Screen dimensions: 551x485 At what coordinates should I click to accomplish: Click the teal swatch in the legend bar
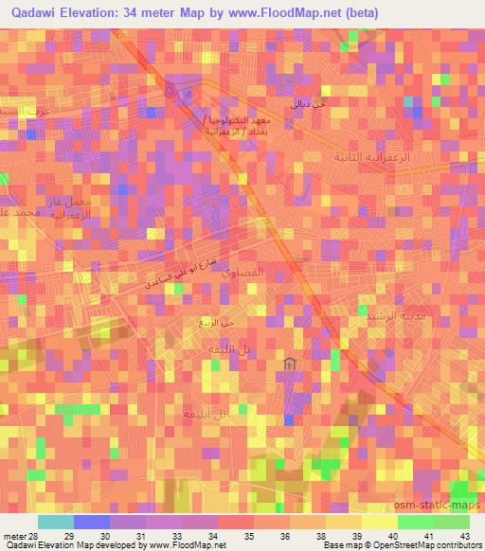(x=56, y=522)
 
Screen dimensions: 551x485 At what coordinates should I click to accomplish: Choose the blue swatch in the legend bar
(x=93, y=522)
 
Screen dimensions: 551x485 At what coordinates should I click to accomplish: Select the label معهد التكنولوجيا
(x=238, y=123)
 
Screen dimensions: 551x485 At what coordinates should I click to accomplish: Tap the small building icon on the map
(x=289, y=364)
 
